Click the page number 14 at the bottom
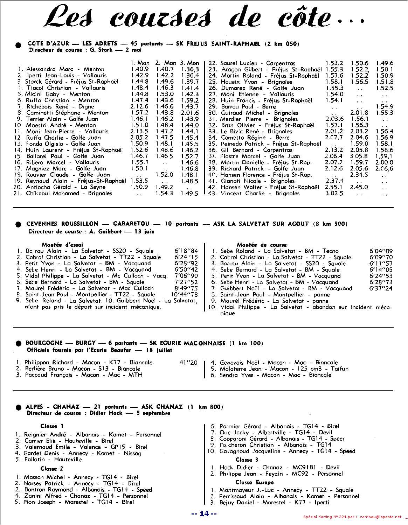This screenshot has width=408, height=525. (204, 514)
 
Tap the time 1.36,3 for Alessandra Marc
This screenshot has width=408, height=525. (190, 69)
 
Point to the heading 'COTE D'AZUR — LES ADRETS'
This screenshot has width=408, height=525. (72, 44)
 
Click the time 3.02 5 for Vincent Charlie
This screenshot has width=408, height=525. (334, 193)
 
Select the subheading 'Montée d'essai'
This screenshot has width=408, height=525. (62, 245)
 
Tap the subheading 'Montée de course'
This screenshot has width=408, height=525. (262, 245)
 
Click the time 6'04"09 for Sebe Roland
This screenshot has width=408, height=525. (381, 251)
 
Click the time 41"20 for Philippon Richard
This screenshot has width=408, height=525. (188, 363)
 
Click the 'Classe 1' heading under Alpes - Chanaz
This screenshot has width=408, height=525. (52, 426)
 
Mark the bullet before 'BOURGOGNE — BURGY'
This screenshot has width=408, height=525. (18, 344)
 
